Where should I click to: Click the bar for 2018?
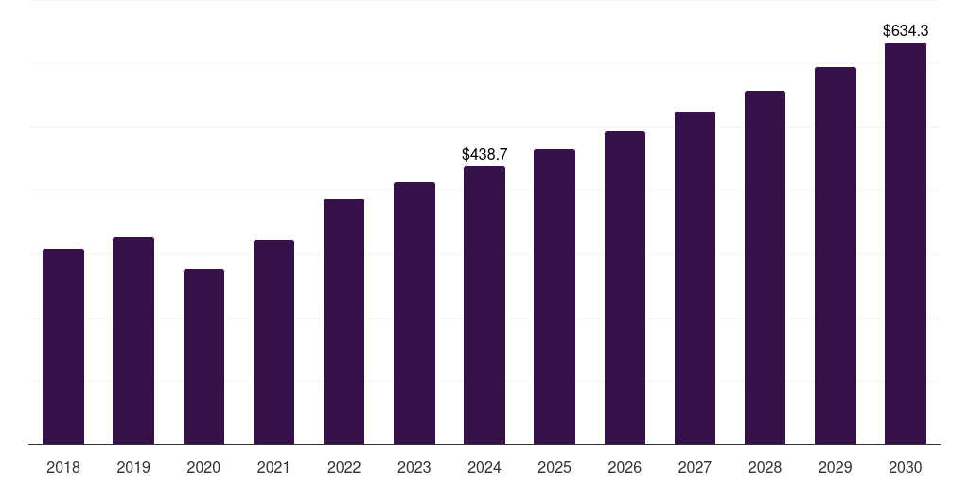[63, 346]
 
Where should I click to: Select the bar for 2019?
[133, 340]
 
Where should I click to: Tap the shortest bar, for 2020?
[203, 356]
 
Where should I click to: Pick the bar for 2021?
[273, 342]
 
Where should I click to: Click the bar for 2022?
[344, 321]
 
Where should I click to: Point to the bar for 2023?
[414, 313]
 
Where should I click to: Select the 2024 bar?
[484, 305]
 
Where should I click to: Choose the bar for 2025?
[555, 297]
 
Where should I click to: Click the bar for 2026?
[625, 287]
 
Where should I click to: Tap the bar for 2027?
[695, 278]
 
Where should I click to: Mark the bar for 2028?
[765, 268]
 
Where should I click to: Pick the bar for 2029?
[836, 255]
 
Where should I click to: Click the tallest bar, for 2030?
[906, 243]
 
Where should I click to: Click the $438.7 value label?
[484, 154]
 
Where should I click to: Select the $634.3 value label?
[906, 30]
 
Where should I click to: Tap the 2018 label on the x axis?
[63, 467]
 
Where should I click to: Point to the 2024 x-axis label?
[484, 467]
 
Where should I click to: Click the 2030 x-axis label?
[906, 467]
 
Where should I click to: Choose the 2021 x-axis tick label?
[273, 467]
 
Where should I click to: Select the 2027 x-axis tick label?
[695, 467]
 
